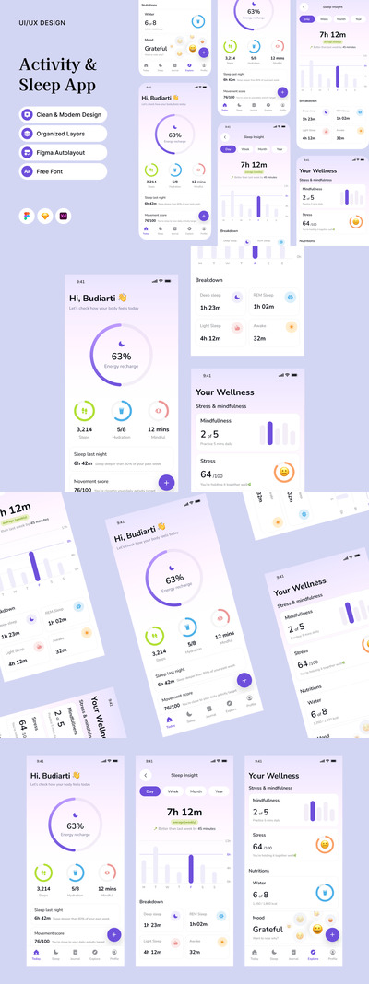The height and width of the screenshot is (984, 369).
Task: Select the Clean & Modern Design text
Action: pyautogui.click(x=69, y=114)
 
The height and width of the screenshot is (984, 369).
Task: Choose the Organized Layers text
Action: pyautogui.click(x=64, y=134)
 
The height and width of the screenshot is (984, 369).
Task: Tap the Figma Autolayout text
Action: pyautogui.click(x=65, y=153)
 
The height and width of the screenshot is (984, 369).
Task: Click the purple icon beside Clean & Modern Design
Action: pyautogui.click(x=28, y=114)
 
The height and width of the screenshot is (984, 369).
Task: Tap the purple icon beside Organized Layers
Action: pyautogui.click(x=28, y=134)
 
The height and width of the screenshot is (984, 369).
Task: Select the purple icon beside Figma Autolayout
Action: pyautogui.click(x=28, y=153)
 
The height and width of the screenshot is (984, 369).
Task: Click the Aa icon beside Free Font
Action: pyautogui.click(x=28, y=172)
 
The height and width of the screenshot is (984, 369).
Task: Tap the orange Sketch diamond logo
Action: pyautogui.click(x=44, y=214)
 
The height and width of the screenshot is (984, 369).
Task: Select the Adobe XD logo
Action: pyautogui.click(x=63, y=214)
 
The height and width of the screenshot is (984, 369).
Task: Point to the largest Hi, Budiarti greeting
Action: pyautogui.click(x=97, y=298)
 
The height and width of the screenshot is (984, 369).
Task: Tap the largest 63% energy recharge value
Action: pyautogui.click(x=122, y=356)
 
